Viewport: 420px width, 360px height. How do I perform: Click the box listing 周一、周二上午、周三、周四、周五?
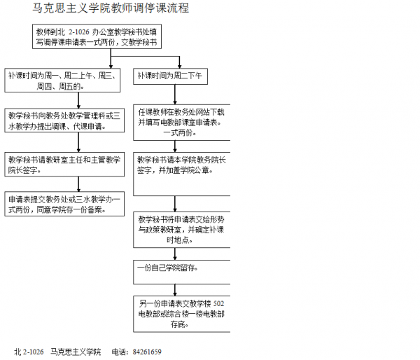[x=64, y=81]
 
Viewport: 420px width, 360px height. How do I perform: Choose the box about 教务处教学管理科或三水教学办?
[x=64, y=120]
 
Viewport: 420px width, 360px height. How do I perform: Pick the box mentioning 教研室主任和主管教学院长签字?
[x=64, y=164]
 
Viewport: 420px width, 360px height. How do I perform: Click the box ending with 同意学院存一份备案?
[x=64, y=203]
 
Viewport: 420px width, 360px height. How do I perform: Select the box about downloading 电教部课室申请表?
[x=182, y=121]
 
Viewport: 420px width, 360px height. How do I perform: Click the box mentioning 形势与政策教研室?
[x=182, y=228]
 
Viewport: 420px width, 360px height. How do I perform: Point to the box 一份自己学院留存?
[x=182, y=268]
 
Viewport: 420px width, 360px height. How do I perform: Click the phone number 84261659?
[x=146, y=351]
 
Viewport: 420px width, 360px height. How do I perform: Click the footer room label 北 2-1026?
[x=29, y=351]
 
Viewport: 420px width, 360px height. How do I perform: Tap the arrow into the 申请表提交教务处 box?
[x=79, y=184]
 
